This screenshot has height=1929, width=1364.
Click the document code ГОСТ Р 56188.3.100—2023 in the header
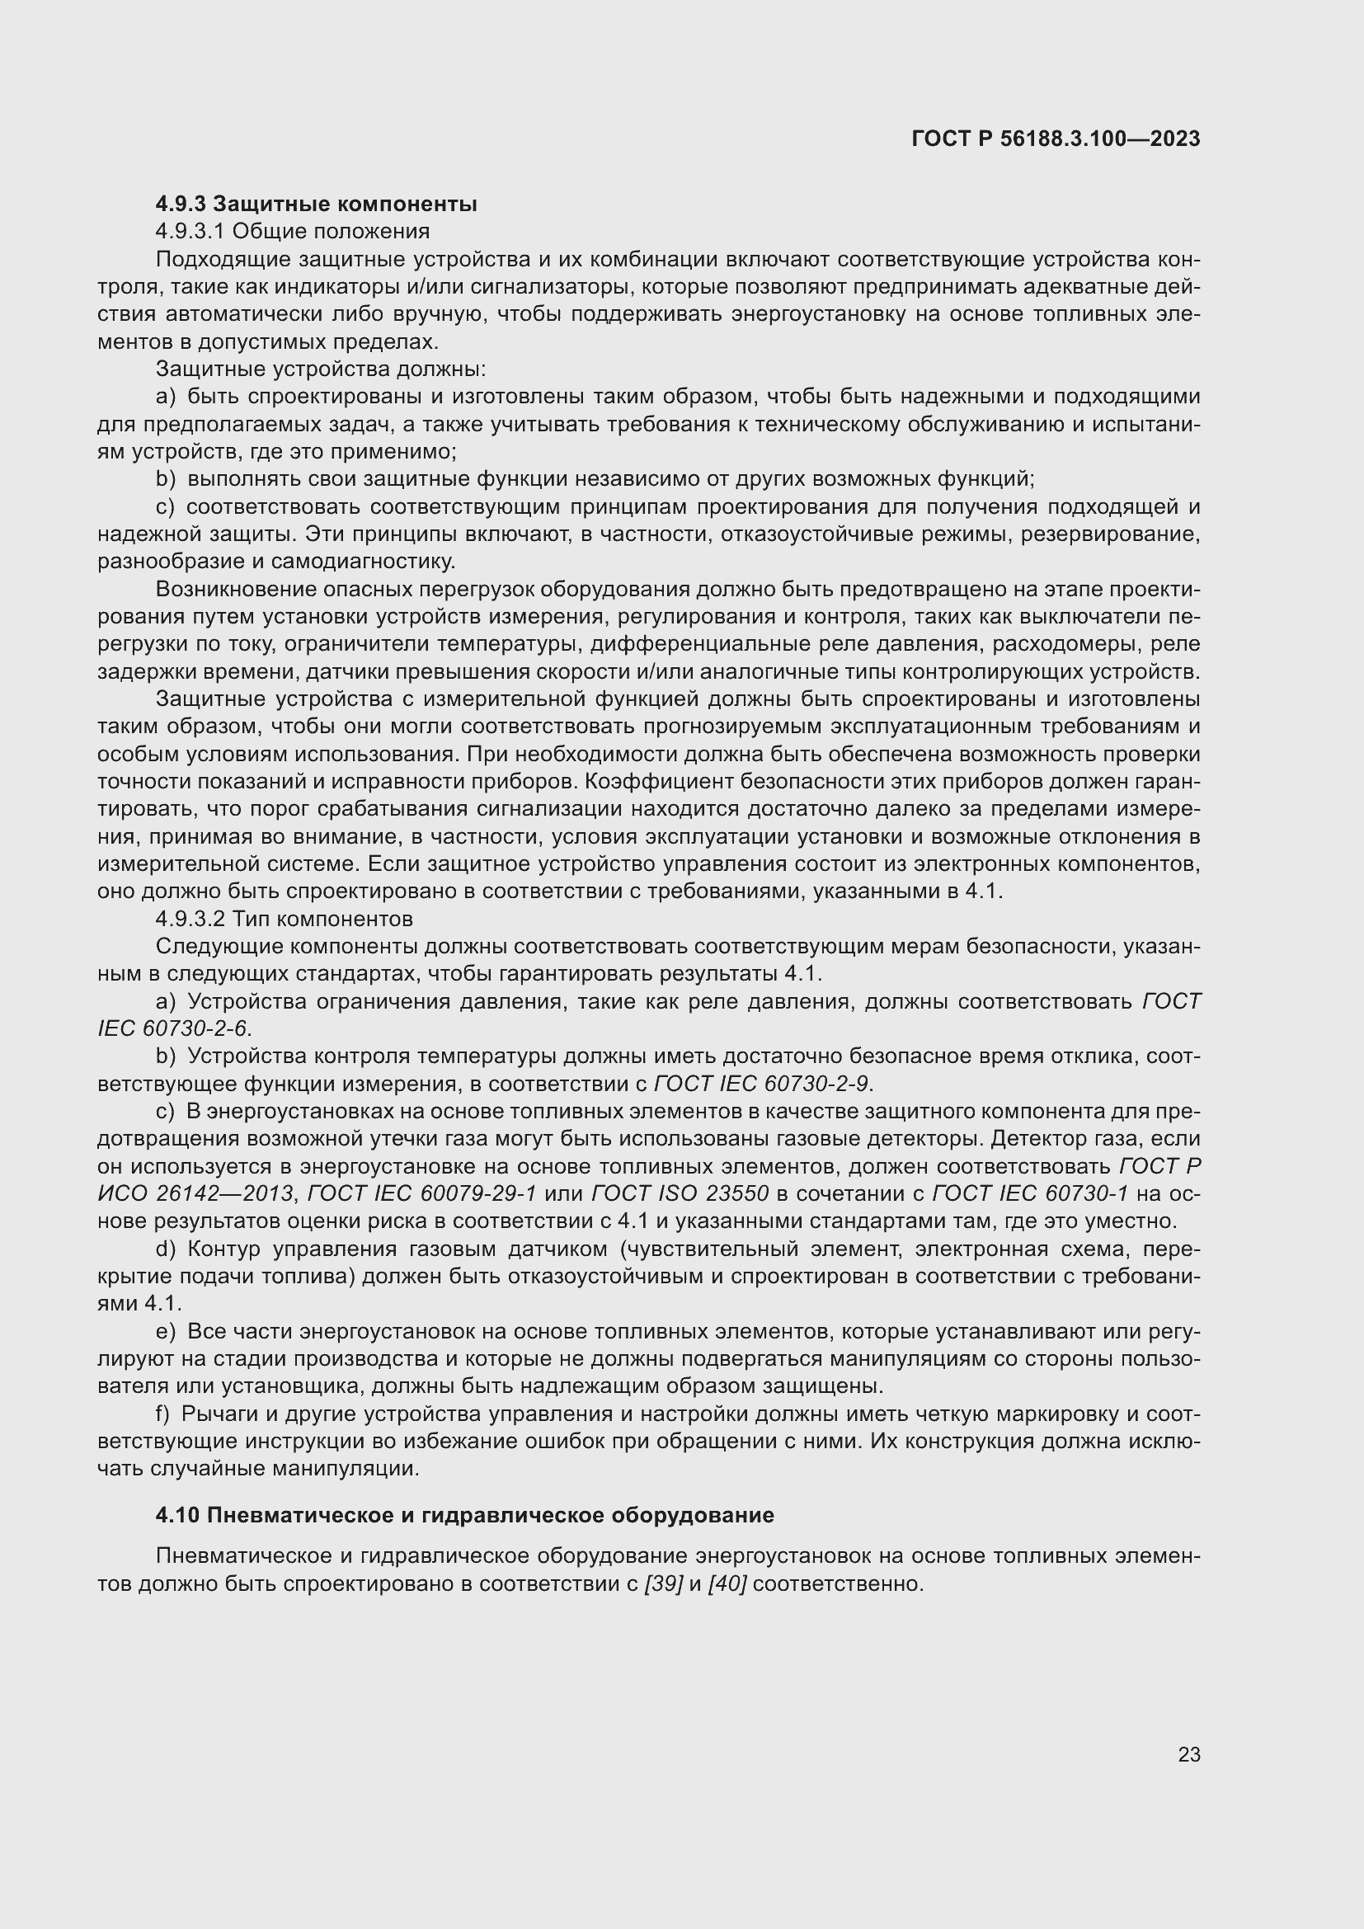click(x=1056, y=139)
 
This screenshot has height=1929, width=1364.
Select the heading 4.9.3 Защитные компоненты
click(x=317, y=204)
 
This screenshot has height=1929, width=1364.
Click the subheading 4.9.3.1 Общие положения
click(x=292, y=231)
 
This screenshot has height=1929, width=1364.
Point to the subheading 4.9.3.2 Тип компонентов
click(x=284, y=918)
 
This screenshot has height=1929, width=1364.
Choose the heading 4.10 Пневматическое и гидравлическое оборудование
click(x=464, y=1515)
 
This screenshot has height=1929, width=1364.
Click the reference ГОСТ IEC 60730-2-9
click(x=761, y=1083)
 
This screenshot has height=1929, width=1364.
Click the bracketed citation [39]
click(x=663, y=1583)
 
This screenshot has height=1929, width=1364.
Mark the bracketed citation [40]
click(x=727, y=1583)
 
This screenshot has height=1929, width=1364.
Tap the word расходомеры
click(x=1062, y=643)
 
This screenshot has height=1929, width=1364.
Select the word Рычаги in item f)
click(x=219, y=1414)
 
